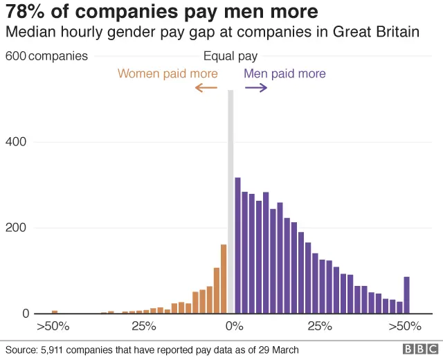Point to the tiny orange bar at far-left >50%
click(55, 312)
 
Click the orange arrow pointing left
click(206, 87)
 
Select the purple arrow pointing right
click(255, 87)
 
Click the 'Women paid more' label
click(168, 73)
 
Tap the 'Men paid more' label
click(284, 73)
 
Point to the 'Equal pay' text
click(230, 57)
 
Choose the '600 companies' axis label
click(46, 56)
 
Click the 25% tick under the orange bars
click(143, 326)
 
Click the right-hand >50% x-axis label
click(404, 326)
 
